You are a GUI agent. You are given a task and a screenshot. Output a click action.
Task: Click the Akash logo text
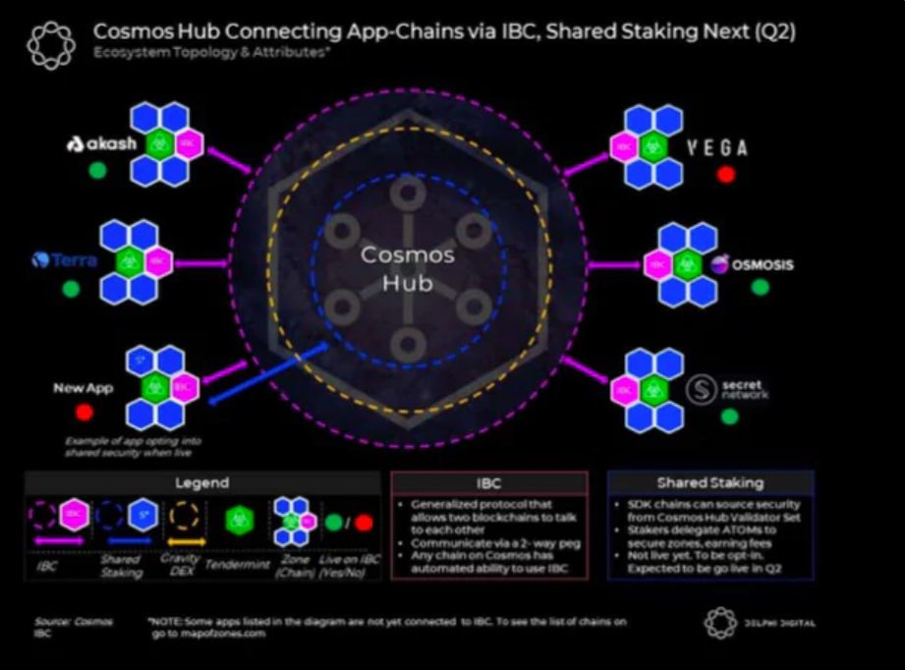coord(101,144)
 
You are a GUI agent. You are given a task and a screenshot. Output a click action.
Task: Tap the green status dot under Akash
coord(97,171)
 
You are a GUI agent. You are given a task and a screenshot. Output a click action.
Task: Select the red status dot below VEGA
coord(726,175)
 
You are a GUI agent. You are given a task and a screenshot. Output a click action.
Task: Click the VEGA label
coord(716,148)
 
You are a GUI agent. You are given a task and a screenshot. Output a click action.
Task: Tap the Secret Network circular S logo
coord(702,389)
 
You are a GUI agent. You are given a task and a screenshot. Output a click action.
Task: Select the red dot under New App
coord(84,413)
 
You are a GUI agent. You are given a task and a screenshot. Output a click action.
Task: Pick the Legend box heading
coord(202,482)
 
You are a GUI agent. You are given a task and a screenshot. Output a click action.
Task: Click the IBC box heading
coord(488,482)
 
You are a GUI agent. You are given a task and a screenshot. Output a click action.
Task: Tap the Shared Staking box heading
coord(709,482)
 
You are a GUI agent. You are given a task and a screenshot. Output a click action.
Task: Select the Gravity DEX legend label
coord(180,564)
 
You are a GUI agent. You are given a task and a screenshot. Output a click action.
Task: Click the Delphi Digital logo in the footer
coord(760,623)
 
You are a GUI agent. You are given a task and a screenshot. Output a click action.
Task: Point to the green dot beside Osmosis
coord(760,287)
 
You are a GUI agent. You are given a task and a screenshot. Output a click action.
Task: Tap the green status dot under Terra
coord(71,289)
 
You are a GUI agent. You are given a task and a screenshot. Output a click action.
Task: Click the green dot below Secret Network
coord(729,417)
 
